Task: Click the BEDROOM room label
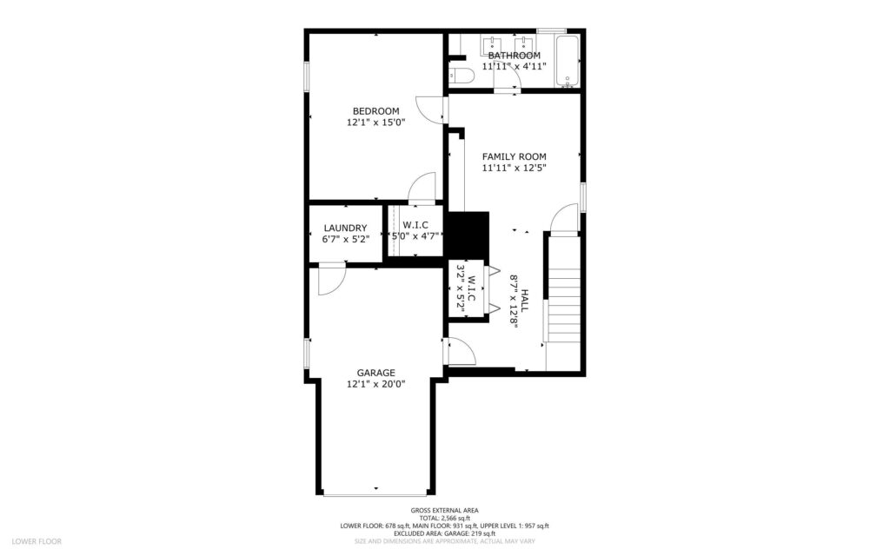click(x=375, y=111)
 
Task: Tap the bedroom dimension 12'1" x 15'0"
click(x=375, y=122)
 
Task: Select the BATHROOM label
click(x=515, y=56)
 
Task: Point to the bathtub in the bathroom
click(x=568, y=62)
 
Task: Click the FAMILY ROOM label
click(x=515, y=156)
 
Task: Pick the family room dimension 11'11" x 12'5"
click(x=515, y=168)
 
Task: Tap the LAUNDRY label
click(x=345, y=228)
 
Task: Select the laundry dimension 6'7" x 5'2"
click(x=346, y=240)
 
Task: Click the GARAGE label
click(x=375, y=373)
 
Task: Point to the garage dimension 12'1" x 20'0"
click(x=375, y=384)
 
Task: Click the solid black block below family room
click(x=468, y=235)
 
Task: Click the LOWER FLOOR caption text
click(x=37, y=541)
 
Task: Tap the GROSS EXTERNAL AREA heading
click(x=444, y=511)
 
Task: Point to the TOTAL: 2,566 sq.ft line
click(x=444, y=518)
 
